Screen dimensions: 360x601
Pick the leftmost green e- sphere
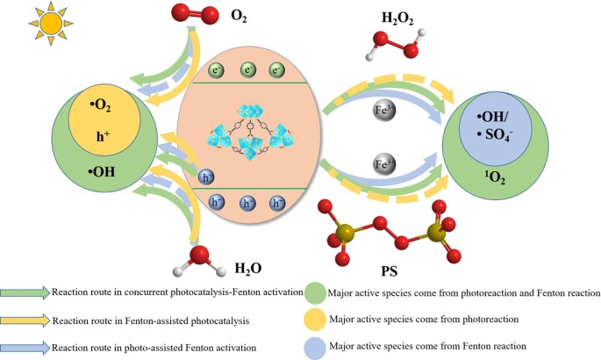(x=215, y=68)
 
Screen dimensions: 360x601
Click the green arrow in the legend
(x=25, y=292)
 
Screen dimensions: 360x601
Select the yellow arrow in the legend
(x=25, y=321)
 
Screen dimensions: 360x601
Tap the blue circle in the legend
(x=316, y=349)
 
